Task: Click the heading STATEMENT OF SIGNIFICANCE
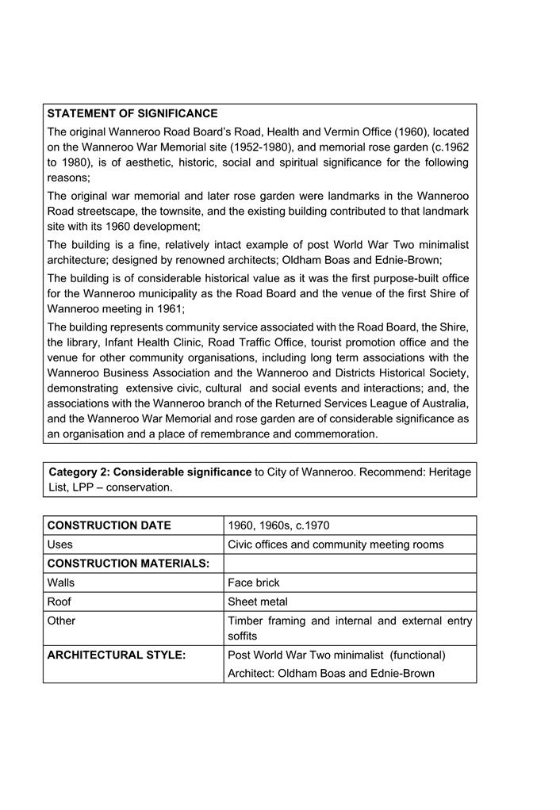[132, 114]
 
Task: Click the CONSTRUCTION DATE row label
[109, 525]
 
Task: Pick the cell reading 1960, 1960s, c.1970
[278, 525]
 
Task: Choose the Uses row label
[60, 544]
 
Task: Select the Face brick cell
[254, 583]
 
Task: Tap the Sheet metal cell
[258, 602]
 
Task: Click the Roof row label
[59, 602]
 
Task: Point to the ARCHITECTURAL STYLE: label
[117, 655]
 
